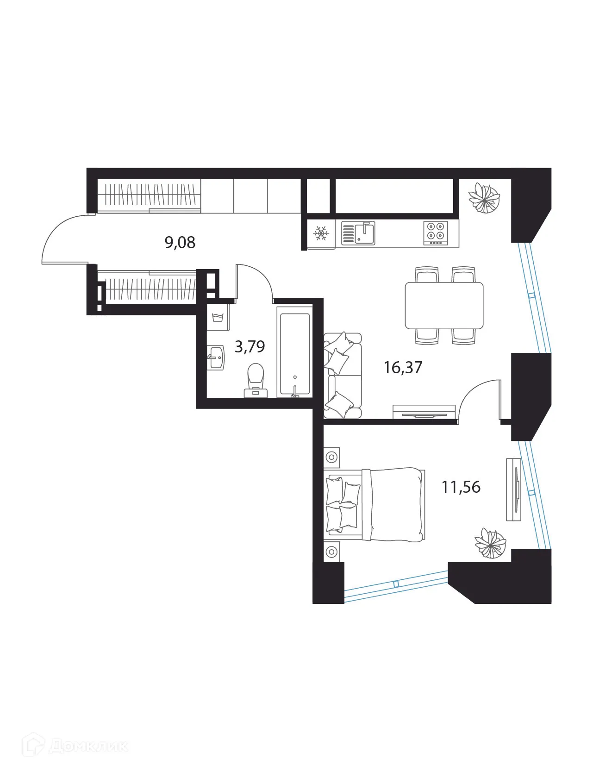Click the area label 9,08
pyautogui.click(x=180, y=242)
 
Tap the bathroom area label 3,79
pyautogui.click(x=250, y=346)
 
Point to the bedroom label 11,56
pyautogui.click(x=461, y=487)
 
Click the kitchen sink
pyautogui.click(x=358, y=233)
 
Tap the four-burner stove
pyautogui.click(x=436, y=233)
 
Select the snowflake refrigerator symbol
pyautogui.click(x=320, y=233)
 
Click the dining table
pyautogui.click(x=444, y=306)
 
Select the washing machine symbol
pyautogui.click(x=218, y=317)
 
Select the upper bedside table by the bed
pyautogui.click(x=331, y=458)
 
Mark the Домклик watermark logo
pyautogui.click(x=78, y=747)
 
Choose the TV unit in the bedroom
pyautogui.click(x=514, y=489)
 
